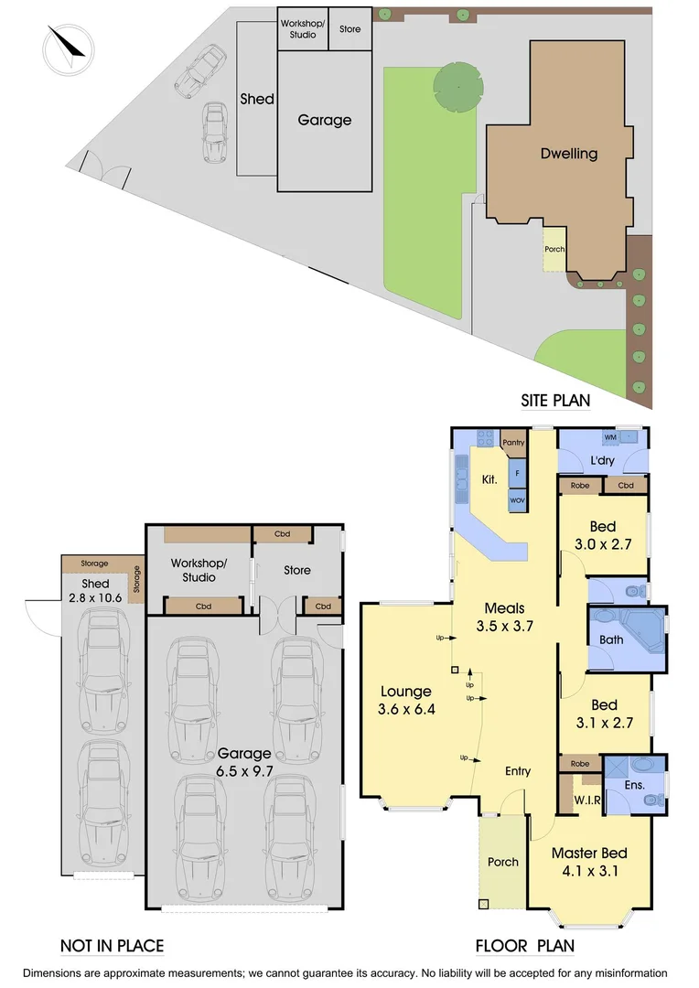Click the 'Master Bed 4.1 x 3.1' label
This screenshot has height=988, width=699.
(x=588, y=862)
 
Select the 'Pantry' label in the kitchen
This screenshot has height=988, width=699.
(x=513, y=443)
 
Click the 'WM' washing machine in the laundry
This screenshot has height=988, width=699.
(x=609, y=438)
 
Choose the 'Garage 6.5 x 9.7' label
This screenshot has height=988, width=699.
(x=244, y=762)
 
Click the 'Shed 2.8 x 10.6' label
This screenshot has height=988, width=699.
(x=95, y=591)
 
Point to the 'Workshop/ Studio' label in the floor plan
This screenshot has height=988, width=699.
(x=199, y=570)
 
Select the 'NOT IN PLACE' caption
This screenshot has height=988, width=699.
(x=112, y=946)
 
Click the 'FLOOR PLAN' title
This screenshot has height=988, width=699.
(x=524, y=946)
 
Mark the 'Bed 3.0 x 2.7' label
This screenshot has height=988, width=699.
(x=602, y=535)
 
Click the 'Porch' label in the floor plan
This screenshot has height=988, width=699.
(x=502, y=862)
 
